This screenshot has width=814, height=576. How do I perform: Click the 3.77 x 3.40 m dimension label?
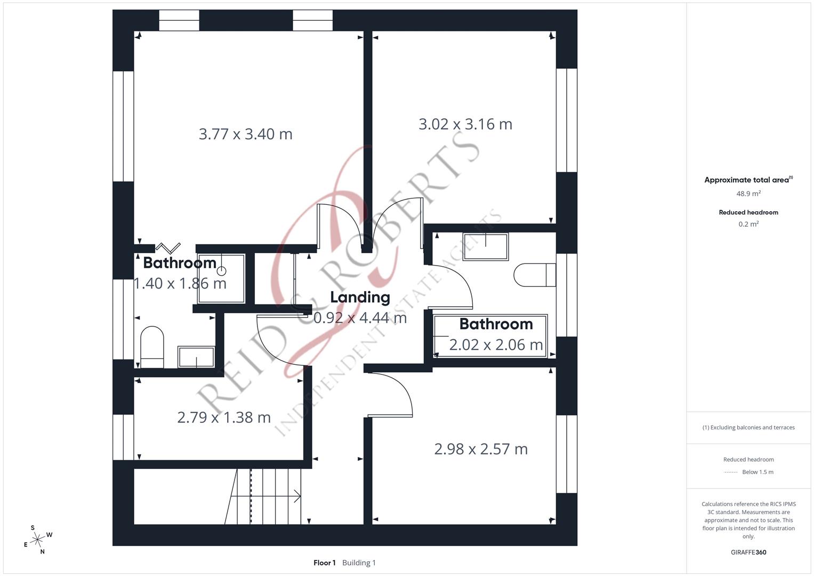[x=245, y=134]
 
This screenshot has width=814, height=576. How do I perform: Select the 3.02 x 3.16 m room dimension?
[x=465, y=124]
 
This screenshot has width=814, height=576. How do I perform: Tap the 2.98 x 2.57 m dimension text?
[x=481, y=449]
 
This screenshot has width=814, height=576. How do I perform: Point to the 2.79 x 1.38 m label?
[x=224, y=417]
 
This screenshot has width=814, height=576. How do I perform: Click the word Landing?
[x=360, y=298]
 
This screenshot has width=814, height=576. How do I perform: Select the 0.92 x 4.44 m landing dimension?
[x=360, y=318]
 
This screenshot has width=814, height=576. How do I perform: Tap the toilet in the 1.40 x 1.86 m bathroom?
[x=151, y=347]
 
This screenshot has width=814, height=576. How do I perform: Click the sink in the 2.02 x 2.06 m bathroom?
[x=485, y=247]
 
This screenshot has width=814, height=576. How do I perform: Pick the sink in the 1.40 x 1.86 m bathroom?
[x=196, y=357]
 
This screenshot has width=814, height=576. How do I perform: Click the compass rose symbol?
[x=37, y=540]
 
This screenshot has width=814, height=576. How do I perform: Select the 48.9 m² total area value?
[x=748, y=194]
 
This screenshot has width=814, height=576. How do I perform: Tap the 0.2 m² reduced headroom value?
[x=748, y=225]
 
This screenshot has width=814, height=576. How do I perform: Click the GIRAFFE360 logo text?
[x=748, y=553]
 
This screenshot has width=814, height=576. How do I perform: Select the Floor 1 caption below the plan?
[x=324, y=563]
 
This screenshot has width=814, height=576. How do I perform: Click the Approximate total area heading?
[x=747, y=180]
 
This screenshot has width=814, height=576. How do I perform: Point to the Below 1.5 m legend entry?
[x=757, y=472]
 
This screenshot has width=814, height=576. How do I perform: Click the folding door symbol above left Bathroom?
[x=168, y=247]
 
